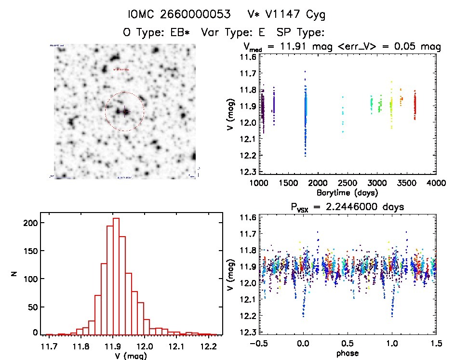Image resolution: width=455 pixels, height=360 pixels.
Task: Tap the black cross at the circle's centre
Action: [x=125, y=112]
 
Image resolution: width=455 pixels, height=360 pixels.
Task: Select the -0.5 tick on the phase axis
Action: [x=259, y=345]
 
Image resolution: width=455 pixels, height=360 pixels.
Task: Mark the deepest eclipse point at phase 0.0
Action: [x=303, y=316]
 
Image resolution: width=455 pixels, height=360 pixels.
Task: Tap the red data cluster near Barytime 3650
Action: [x=415, y=107]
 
